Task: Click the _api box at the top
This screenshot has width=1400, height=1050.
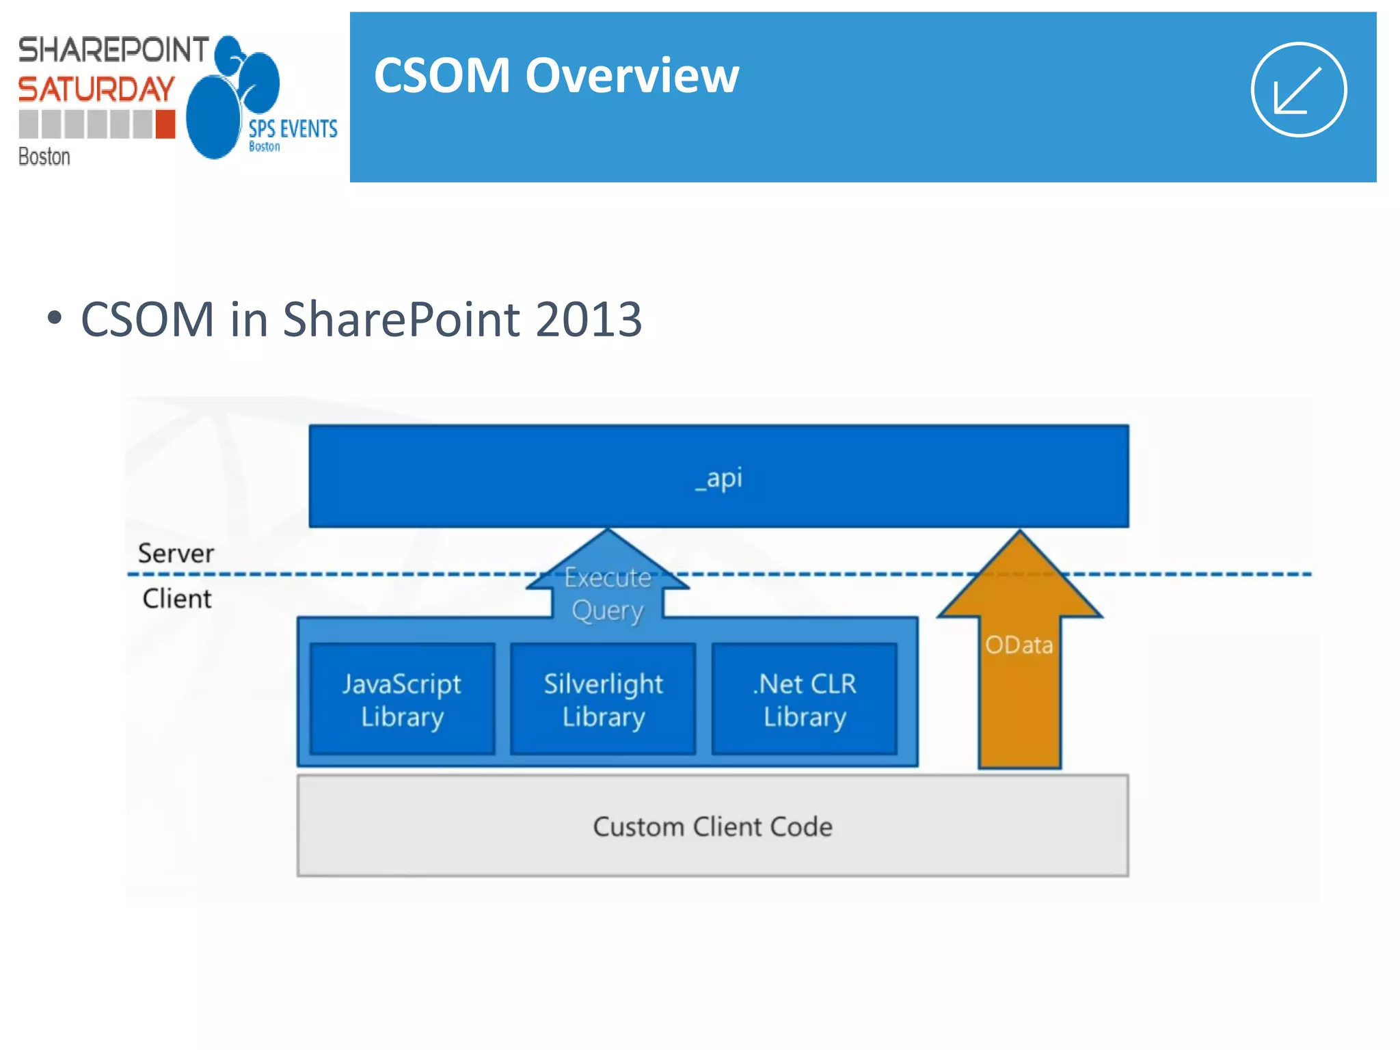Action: pyautogui.click(x=718, y=476)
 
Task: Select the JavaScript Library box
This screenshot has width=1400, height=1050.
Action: pyautogui.click(x=402, y=699)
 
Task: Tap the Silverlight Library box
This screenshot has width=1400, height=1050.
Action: pyautogui.click(x=603, y=699)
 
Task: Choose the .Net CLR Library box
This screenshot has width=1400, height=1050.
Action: pyautogui.click(x=805, y=699)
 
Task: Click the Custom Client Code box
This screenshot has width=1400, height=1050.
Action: pyautogui.click(x=712, y=826)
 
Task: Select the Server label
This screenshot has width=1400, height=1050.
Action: pyautogui.click(x=176, y=553)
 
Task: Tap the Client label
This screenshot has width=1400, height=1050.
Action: pyautogui.click(x=177, y=599)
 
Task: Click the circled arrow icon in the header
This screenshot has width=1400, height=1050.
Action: pyautogui.click(x=1298, y=90)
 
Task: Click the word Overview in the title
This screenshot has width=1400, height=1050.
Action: pyautogui.click(x=632, y=75)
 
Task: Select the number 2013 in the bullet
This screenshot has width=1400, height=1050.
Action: pyautogui.click(x=589, y=319)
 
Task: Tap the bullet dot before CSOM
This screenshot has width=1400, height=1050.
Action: pyautogui.click(x=55, y=318)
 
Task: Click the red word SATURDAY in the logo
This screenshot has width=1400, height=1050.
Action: pyautogui.click(x=96, y=90)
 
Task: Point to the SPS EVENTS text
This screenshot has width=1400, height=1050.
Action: pyautogui.click(x=293, y=129)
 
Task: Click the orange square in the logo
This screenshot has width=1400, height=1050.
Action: pyautogui.click(x=165, y=124)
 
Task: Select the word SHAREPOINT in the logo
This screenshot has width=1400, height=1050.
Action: pyautogui.click(x=113, y=50)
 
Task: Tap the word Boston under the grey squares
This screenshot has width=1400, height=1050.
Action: pyautogui.click(x=44, y=157)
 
